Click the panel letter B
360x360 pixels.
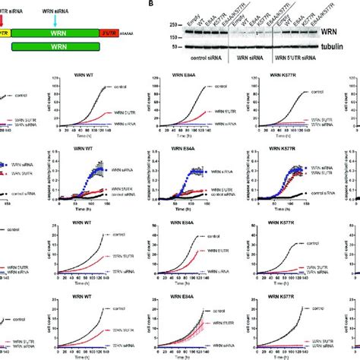point(155,4)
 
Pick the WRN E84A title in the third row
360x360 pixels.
point(185,224)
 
